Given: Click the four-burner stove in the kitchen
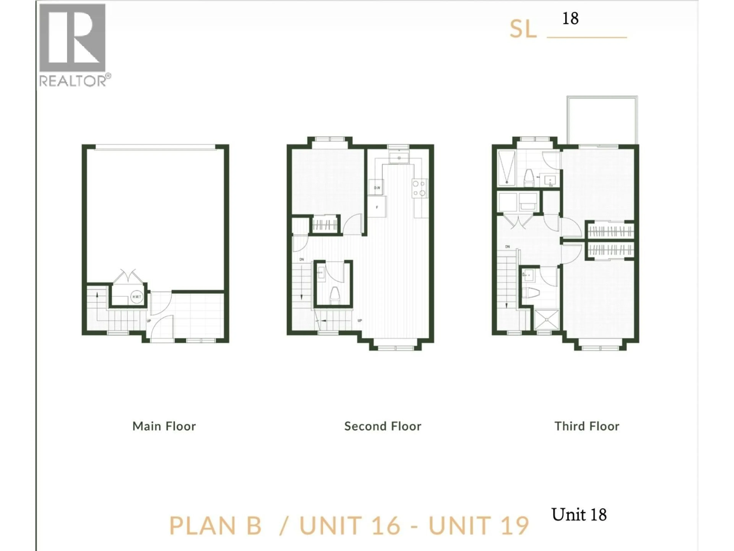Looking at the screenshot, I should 419,188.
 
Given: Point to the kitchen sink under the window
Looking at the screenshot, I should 399,158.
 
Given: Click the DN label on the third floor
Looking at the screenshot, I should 507,247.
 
